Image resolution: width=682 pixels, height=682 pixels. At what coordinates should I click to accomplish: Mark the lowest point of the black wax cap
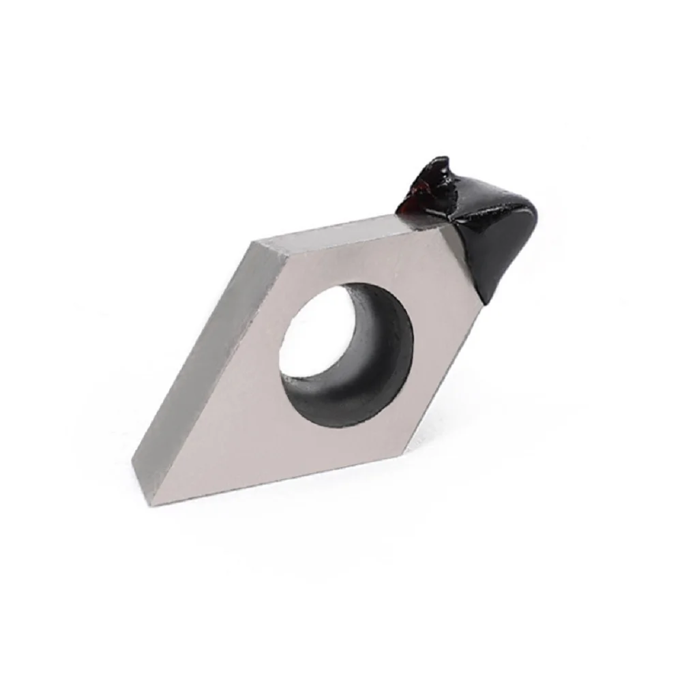[x=486, y=300]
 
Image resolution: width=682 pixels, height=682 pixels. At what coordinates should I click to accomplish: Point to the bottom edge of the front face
[x=286, y=477]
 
